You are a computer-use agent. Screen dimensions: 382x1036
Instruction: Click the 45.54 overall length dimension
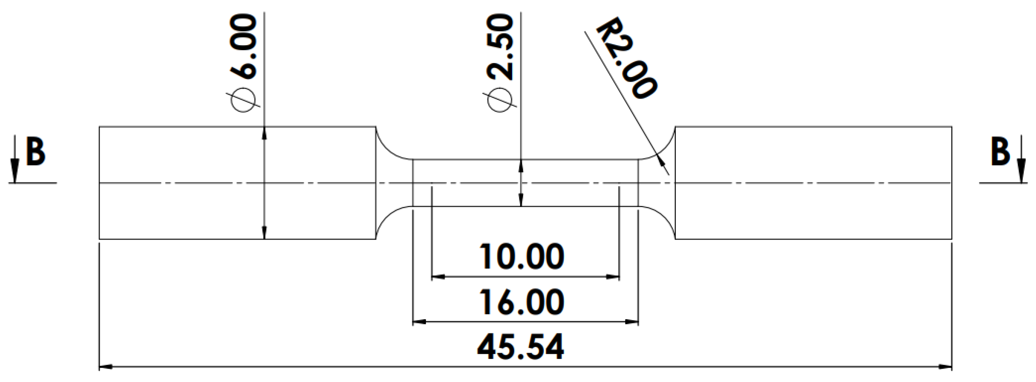coord(521,347)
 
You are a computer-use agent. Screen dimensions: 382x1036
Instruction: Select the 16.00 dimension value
coord(521,302)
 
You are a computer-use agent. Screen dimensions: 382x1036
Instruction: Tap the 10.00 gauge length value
coord(521,256)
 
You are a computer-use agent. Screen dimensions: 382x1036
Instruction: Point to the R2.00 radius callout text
coord(626,65)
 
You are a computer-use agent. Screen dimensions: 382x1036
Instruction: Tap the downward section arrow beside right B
coord(1021,169)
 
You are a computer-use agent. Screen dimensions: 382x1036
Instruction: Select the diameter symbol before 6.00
coord(244,100)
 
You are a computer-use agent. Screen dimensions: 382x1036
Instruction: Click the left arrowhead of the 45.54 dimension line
coord(105,367)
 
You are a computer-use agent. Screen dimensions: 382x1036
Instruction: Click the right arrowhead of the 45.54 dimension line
coord(946,367)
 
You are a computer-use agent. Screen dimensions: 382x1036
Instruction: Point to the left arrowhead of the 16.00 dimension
coord(419,321)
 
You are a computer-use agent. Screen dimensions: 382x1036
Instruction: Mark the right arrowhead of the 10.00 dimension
coord(613,277)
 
